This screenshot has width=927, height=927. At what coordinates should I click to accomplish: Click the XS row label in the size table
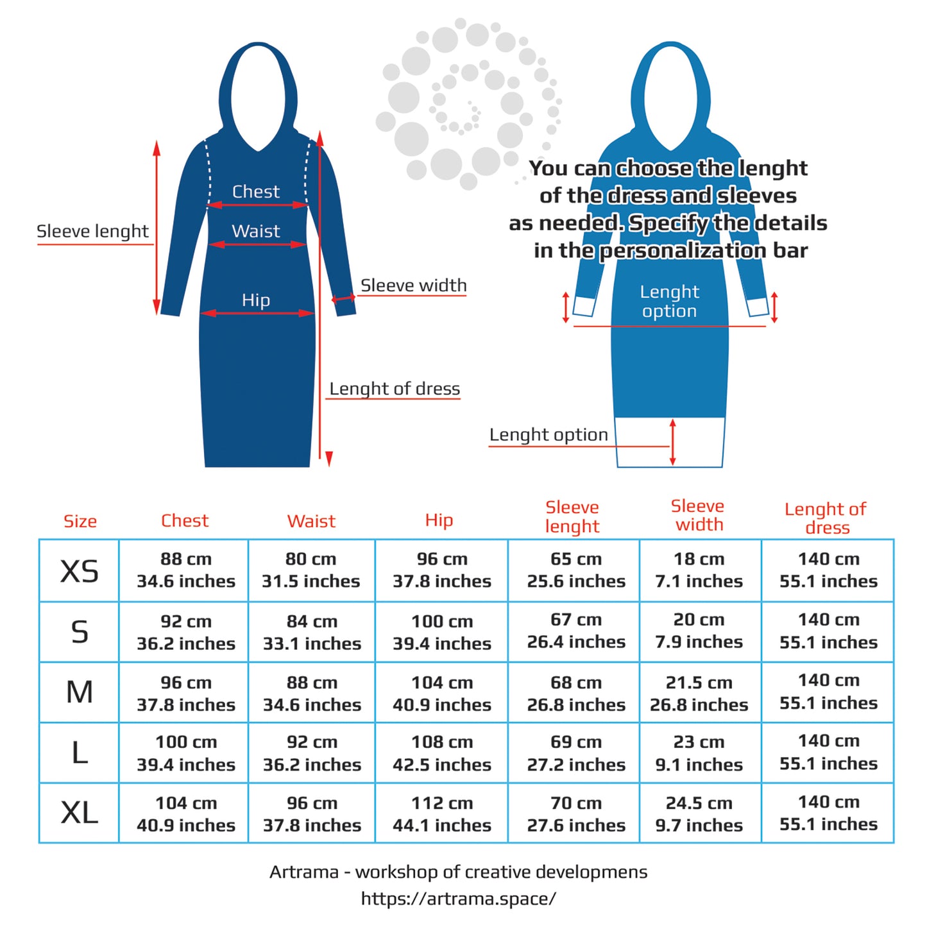tap(80, 570)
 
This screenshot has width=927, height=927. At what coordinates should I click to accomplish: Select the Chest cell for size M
tap(186, 693)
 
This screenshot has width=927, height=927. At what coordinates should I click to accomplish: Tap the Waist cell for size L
tap(312, 753)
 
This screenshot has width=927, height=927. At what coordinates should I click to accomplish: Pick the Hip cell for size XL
tap(442, 814)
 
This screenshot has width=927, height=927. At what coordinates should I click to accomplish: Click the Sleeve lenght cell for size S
tap(576, 631)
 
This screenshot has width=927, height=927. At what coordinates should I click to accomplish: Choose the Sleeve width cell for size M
tap(699, 693)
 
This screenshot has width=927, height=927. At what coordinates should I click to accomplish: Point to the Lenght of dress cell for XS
tap(828, 570)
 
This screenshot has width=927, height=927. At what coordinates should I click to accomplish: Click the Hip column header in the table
tap(439, 520)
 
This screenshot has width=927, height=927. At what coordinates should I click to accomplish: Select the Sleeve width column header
tap(697, 515)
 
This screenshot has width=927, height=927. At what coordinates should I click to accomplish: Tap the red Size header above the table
tap(80, 521)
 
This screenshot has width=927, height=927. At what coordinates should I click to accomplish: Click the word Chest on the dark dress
tap(255, 191)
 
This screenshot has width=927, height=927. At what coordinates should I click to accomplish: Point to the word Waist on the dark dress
tap(255, 231)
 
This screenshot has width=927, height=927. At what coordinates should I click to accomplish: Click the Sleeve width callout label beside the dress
tap(413, 285)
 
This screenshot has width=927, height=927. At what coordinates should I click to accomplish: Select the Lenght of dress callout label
tap(395, 389)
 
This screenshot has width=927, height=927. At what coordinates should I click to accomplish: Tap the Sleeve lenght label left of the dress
tap(92, 232)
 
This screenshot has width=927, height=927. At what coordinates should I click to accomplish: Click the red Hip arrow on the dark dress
tap(258, 313)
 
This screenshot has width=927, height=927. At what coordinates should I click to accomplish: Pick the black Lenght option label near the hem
tap(549, 435)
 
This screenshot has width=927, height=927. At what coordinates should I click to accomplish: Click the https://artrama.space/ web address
tap(459, 899)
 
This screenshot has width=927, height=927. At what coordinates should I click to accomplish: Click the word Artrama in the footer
tap(304, 872)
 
